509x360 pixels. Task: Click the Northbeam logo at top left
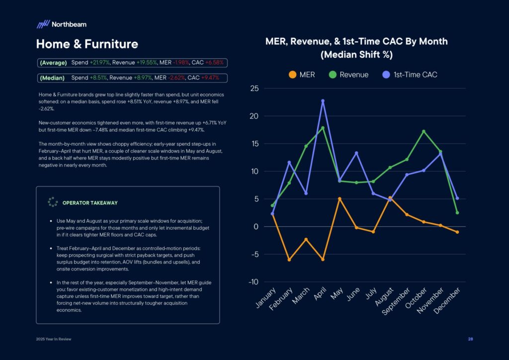pos(61,24)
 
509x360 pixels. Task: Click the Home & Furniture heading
pos(87,44)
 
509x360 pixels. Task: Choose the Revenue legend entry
pos(348,75)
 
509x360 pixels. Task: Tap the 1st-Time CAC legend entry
pos(409,75)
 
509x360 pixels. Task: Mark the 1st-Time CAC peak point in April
pos(323,101)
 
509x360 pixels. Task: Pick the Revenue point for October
pos(424,132)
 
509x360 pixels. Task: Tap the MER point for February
pos(289,260)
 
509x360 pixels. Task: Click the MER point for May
pos(339,199)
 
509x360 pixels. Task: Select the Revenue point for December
pos(457,213)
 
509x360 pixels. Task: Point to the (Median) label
pos(52,78)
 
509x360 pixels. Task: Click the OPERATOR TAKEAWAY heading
pos(90,203)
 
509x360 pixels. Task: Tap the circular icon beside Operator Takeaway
pos(53,202)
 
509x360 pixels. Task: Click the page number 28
pos(470,339)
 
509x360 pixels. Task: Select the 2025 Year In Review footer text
pos(55,339)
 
